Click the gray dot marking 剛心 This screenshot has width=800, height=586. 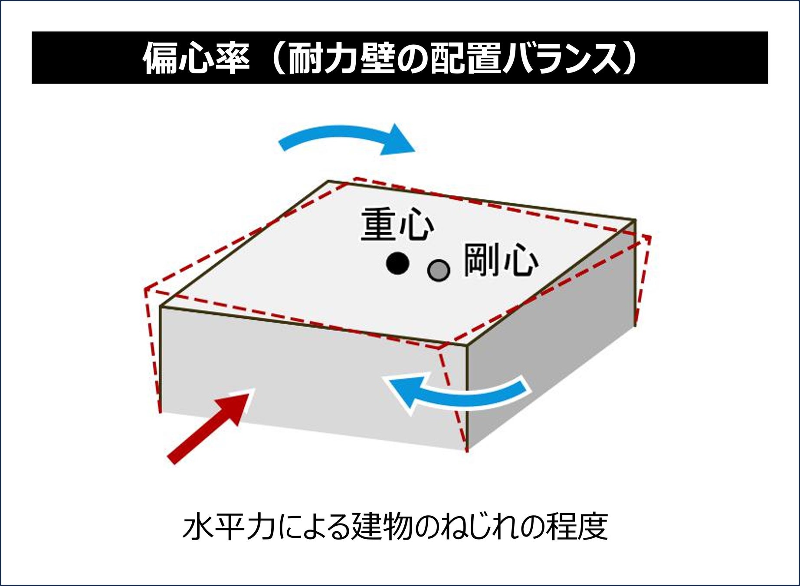[x=438, y=270]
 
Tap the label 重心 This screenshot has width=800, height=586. [x=397, y=224]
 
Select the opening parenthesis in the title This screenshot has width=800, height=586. [x=275, y=58]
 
